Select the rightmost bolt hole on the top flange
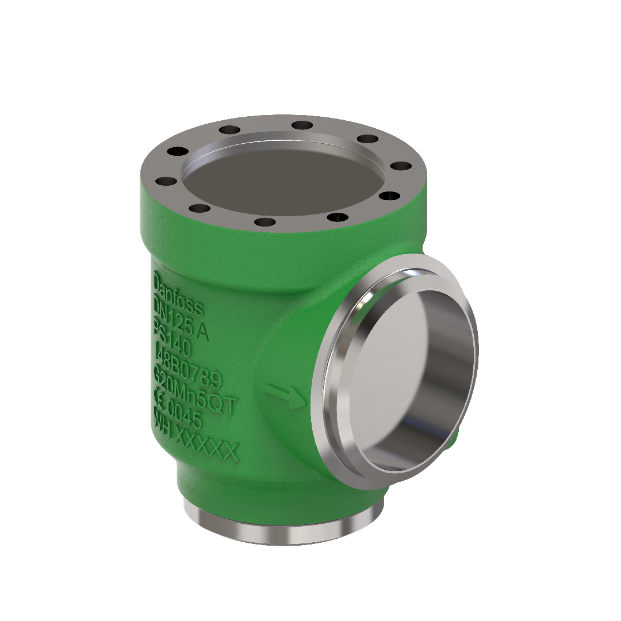point(401,166)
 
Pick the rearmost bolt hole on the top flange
point(301,125)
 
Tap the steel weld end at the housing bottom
point(282,526)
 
